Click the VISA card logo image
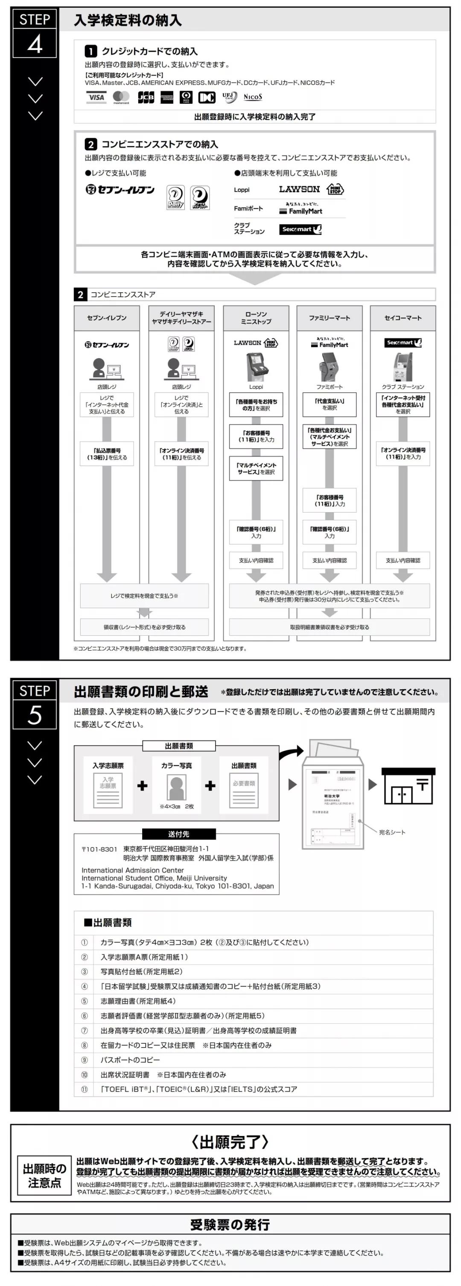[96, 97]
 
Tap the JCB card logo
[146, 97]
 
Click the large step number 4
[35, 44]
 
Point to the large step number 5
[35, 715]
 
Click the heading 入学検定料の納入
[128, 21]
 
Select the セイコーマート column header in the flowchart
[403, 318]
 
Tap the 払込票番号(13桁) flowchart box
[107, 454]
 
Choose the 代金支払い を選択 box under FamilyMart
[329, 404]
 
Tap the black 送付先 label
[178, 834]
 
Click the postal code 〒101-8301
[99, 849]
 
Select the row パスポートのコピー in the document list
[130, 1060]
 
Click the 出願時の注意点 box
[44, 1176]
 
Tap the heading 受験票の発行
[230, 1224]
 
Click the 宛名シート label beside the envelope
[392, 832]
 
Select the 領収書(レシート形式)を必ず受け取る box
[144, 627]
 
